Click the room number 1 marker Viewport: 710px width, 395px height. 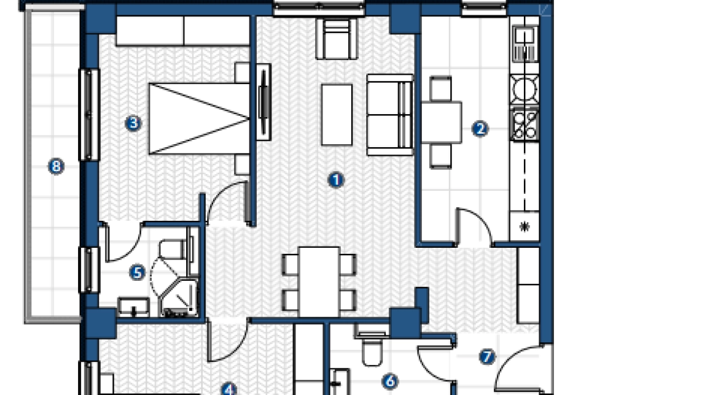pyautogui.click(x=335, y=180)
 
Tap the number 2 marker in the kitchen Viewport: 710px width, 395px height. pyautogui.click(x=480, y=129)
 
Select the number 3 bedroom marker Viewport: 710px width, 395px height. pyautogui.click(x=133, y=123)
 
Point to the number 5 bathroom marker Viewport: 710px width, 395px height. pyautogui.click(x=137, y=272)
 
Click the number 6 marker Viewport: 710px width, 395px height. pyautogui.click(x=390, y=382)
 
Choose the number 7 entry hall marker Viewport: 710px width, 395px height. pyautogui.click(x=487, y=357)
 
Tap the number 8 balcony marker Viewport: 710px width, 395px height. pyautogui.click(x=56, y=166)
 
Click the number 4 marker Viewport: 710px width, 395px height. pyautogui.click(x=228, y=389)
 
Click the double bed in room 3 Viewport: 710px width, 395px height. pyautogui.click(x=199, y=118)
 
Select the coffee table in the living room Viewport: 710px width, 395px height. pyautogui.click(x=337, y=115)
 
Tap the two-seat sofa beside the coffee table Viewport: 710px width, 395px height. pyautogui.click(x=390, y=115)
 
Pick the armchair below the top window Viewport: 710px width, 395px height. pyautogui.click(x=337, y=39)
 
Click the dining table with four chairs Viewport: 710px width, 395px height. pyautogui.click(x=319, y=282)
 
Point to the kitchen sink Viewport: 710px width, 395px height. pyautogui.click(x=525, y=44)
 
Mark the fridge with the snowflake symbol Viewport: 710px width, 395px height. pyautogui.click(x=525, y=226)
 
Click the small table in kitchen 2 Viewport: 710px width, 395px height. pyautogui.click(x=442, y=123)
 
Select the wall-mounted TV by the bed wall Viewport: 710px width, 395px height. pyautogui.click(x=263, y=102)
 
